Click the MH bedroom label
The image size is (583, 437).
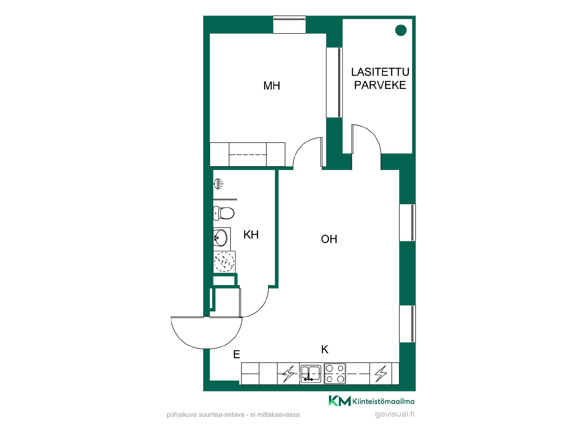(x=271, y=86)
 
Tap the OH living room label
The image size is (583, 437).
(x=329, y=239)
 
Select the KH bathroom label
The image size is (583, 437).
(x=251, y=235)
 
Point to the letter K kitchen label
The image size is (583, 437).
(x=325, y=350)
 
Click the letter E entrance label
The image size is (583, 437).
(x=237, y=354)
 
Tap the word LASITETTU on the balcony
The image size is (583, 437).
(x=380, y=72)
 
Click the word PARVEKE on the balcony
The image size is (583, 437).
(x=380, y=85)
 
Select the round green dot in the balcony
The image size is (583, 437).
(x=401, y=30)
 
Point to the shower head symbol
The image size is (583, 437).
(x=218, y=184)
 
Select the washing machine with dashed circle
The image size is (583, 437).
(x=224, y=262)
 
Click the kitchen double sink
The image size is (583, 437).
(x=311, y=373)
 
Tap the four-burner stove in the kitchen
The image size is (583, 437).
(x=335, y=373)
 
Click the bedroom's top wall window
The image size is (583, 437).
(x=289, y=25)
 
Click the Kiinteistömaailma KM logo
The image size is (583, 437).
(x=371, y=401)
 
